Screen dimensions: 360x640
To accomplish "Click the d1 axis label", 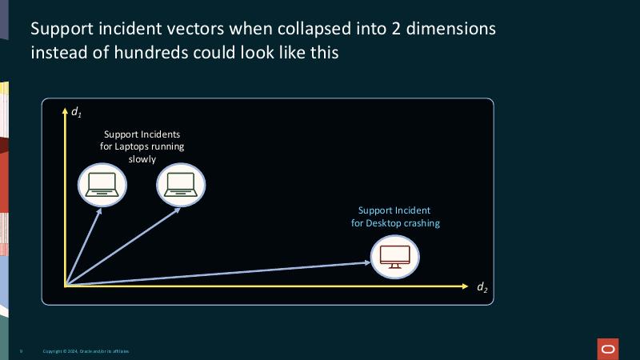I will point(76,113).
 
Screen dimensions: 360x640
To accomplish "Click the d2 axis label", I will point(482,287).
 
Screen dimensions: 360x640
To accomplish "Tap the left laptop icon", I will point(102,185).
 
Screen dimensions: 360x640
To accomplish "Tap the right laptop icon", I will point(181,185).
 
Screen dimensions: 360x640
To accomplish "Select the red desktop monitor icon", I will point(395,257).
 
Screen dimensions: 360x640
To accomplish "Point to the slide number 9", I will point(21,351).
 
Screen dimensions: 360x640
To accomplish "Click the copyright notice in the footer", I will point(86,351).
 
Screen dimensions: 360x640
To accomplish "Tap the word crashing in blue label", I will point(422,223).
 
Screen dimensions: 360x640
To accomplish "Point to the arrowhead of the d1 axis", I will point(65,108).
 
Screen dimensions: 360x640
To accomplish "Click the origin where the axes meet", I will point(65,285).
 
